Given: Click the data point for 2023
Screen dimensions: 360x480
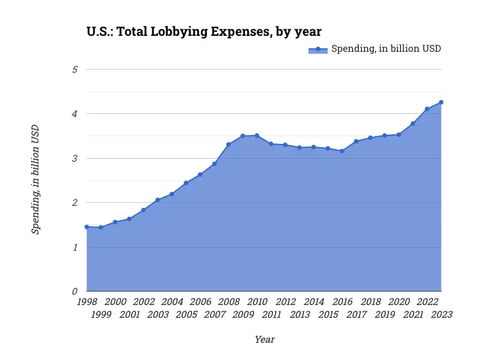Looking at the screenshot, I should (441, 102).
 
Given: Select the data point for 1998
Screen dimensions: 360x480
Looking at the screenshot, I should (86, 227).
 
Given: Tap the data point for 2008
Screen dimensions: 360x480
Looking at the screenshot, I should (228, 145).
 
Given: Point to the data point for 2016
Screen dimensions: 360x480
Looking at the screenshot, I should (342, 151).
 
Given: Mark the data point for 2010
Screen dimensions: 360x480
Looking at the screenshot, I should (257, 136).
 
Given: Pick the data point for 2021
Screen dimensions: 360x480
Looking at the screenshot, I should (413, 123).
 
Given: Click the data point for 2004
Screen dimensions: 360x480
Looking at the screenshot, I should (172, 194).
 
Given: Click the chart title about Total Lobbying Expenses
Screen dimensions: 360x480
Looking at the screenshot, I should (204, 31).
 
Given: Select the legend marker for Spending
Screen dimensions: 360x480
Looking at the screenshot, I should (318, 49).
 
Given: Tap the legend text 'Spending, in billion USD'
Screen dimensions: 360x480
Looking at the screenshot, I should (386, 49).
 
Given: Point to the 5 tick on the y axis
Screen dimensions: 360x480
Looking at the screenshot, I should (74, 69).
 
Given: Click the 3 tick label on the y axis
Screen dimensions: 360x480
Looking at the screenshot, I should (74, 158).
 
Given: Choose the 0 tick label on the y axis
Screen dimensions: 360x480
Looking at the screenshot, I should (74, 292).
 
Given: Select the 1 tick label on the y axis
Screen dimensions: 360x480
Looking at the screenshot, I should (74, 247).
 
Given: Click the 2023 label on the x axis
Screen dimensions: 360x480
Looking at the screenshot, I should (441, 314).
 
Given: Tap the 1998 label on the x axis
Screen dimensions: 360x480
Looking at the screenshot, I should (86, 302).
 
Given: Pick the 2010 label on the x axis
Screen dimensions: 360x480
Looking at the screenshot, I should (257, 302).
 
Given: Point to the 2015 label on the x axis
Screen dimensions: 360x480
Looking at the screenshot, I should (328, 314).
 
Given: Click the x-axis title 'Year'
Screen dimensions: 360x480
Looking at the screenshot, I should (264, 340).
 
